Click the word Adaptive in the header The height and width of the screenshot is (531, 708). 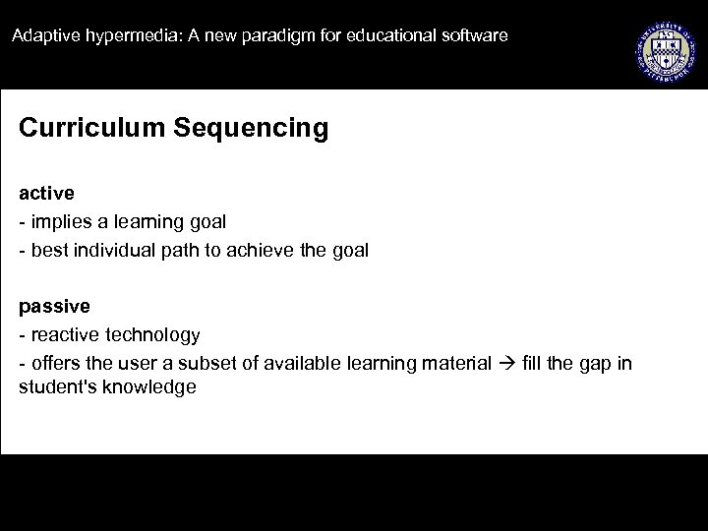coord(40,36)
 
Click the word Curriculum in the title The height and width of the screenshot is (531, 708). coord(81,129)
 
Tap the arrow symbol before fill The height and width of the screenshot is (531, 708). coord(504,364)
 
